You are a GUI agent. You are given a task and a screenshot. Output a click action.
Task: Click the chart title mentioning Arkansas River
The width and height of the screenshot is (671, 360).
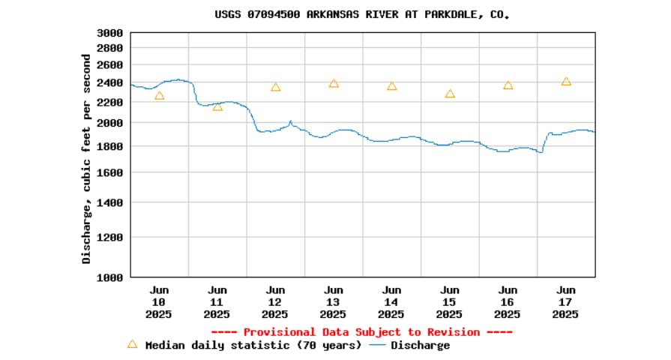(x=362, y=14)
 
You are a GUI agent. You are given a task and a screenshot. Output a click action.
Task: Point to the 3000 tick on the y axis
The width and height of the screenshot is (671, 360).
(x=110, y=33)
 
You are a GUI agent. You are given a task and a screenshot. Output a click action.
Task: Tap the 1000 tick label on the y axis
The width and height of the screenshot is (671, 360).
(x=110, y=277)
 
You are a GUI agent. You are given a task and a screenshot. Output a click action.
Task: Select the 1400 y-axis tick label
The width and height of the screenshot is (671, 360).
(x=110, y=202)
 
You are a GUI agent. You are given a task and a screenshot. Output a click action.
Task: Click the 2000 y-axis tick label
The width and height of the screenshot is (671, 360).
(x=110, y=123)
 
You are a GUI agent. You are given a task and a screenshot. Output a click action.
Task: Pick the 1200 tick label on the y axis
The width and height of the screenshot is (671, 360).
(x=110, y=237)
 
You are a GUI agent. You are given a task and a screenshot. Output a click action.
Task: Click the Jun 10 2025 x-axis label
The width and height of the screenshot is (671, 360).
(x=159, y=302)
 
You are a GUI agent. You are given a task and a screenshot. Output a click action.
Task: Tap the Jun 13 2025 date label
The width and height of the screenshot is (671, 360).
(x=334, y=302)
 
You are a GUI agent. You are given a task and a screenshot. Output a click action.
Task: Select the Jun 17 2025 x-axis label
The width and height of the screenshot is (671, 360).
(x=566, y=302)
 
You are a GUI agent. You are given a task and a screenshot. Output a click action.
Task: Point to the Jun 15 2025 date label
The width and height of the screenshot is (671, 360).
(x=450, y=302)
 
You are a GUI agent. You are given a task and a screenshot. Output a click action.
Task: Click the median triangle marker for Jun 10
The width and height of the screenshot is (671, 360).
(x=159, y=96)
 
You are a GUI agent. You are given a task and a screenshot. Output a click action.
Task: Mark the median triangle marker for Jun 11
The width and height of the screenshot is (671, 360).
(x=217, y=106)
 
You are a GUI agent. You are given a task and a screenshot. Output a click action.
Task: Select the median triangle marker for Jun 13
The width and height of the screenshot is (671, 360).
(x=334, y=83)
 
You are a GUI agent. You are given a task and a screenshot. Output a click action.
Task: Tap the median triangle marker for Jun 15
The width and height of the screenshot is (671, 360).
(x=450, y=94)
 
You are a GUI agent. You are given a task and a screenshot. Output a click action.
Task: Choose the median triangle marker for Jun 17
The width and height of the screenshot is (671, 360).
(x=566, y=81)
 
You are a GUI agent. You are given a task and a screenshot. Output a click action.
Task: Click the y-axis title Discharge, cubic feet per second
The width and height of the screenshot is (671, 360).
(x=87, y=159)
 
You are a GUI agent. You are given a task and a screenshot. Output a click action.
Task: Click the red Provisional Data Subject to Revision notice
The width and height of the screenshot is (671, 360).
(x=362, y=331)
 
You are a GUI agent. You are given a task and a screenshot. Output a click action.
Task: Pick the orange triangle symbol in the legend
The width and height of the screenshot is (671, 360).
(x=133, y=344)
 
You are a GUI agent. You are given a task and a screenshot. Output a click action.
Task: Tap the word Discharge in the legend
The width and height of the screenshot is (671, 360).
(x=420, y=346)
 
